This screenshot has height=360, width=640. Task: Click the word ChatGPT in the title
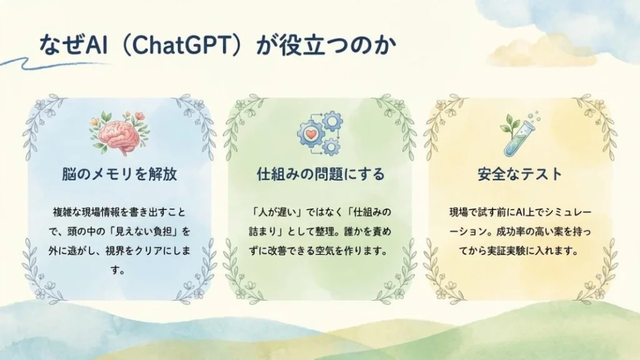[181, 44]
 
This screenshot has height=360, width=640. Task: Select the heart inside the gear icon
[311, 133]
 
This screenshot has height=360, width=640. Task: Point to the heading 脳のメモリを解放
[119, 174]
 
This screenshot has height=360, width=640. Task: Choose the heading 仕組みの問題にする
[321, 174]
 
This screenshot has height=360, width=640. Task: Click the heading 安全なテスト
[520, 174]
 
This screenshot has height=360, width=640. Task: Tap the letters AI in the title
[97, 44]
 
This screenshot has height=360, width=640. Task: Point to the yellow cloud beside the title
[543, 52]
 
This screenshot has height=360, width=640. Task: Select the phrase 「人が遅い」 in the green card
[276, 212]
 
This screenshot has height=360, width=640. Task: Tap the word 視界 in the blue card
[115, 251]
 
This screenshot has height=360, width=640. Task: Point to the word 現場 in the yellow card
[459, 212]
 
